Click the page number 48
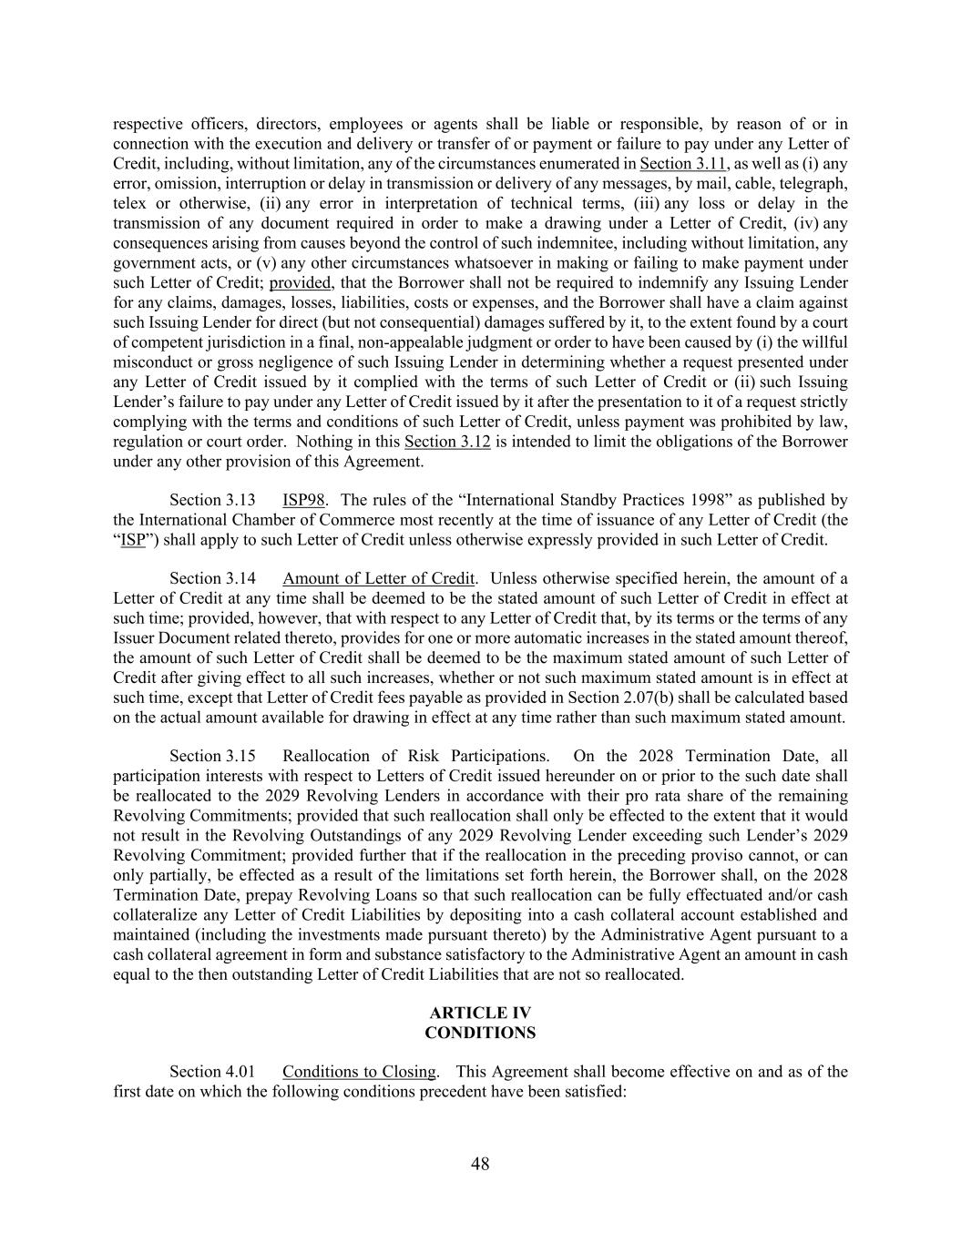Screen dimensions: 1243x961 pyautogui.click(x=480, y=1163)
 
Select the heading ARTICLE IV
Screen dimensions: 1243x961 pyautogui.click(x=480, y=1013)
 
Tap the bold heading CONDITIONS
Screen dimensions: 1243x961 pyautogui.click(x=480, y=1033)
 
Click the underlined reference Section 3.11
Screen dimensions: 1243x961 pyautogui.click(x=683, y=164)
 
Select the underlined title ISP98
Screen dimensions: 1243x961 pyautogui.click(x=303, y=500)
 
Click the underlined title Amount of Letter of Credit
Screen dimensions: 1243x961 pyautogui.click(x=378, y=578)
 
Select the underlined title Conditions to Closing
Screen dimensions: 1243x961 pyautogui.click(x=359, y=1071)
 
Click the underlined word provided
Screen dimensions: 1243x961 pyautogui.click(x=300, y=282)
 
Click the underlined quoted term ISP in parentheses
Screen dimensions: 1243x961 pyautogui.click(x=133, y=539)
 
